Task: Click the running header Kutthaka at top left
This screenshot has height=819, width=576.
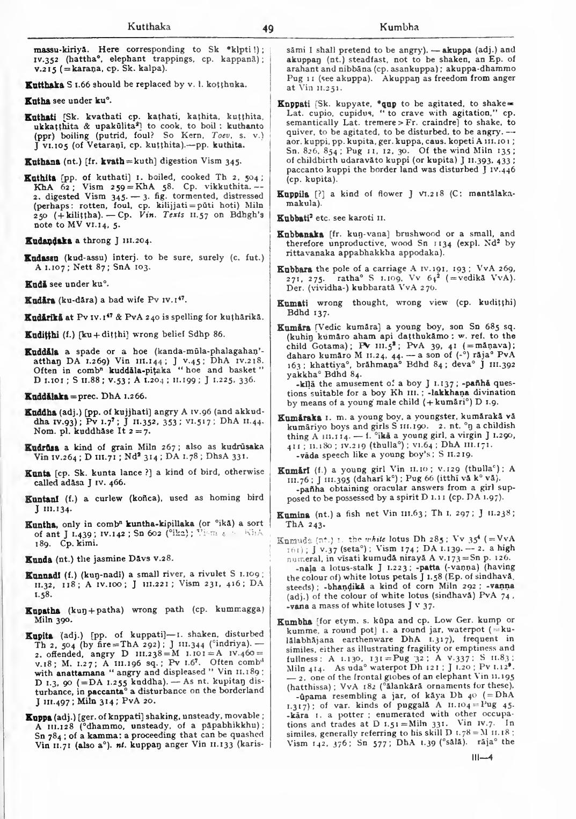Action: (x=149, y=26)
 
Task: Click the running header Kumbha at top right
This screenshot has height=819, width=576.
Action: (x=399, y=27)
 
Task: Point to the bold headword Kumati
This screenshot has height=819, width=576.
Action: (x=293, y=303)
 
